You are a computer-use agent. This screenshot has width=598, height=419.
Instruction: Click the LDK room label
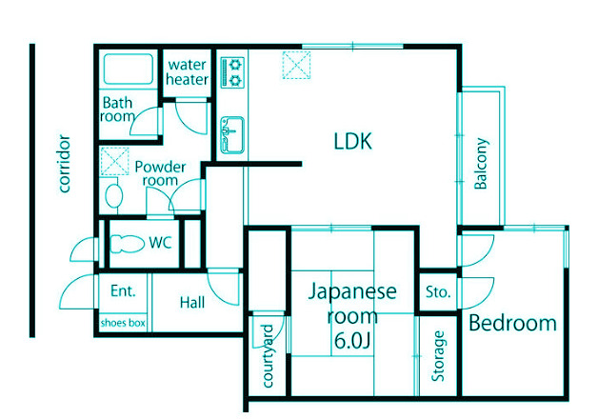point(351,143)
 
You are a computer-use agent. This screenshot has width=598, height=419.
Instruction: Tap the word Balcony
point(482,165)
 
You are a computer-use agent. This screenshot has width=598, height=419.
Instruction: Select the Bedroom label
point(512,324)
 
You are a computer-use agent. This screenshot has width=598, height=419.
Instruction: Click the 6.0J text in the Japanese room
point(351,339)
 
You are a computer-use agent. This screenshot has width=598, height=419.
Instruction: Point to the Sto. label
point(438,291)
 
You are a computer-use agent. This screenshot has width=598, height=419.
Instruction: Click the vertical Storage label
point(438,355)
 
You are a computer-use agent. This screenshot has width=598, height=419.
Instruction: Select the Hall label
point(192,303)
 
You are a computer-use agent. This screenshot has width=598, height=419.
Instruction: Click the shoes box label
point(123,324)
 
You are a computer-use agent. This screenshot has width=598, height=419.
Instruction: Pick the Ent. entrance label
point(123,290)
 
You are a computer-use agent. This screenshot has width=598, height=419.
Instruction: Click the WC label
point(160,243)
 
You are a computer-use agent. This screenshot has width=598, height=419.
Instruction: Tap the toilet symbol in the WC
point(125,243)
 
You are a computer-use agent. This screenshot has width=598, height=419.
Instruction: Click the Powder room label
point(159,173)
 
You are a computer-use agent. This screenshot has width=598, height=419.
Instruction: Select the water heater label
point(188,72)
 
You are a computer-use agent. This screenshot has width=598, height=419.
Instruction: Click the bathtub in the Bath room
point(128,70)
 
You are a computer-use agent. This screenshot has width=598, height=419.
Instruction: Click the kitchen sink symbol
point(231,133)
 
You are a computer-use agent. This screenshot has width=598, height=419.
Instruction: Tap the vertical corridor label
point(65,164)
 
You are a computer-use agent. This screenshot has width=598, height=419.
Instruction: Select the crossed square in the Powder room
point(115,161)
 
